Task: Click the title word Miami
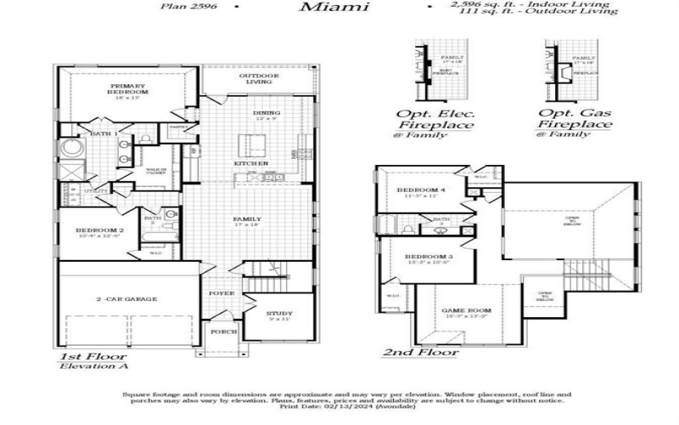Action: [x=334, y=8]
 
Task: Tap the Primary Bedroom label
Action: [x=128, y=89]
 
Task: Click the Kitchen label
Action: [x=251, y=163]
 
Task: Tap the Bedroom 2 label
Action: [x=99, y=230]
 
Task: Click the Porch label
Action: [x=223, y=331]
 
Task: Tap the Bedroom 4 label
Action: [x=424, y=189]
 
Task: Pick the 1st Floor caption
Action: [x=93, y=356]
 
